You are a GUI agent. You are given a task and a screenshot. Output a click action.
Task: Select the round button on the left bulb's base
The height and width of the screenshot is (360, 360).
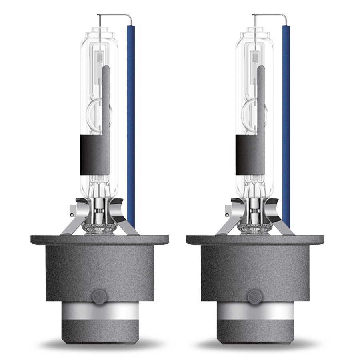(96, 296)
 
